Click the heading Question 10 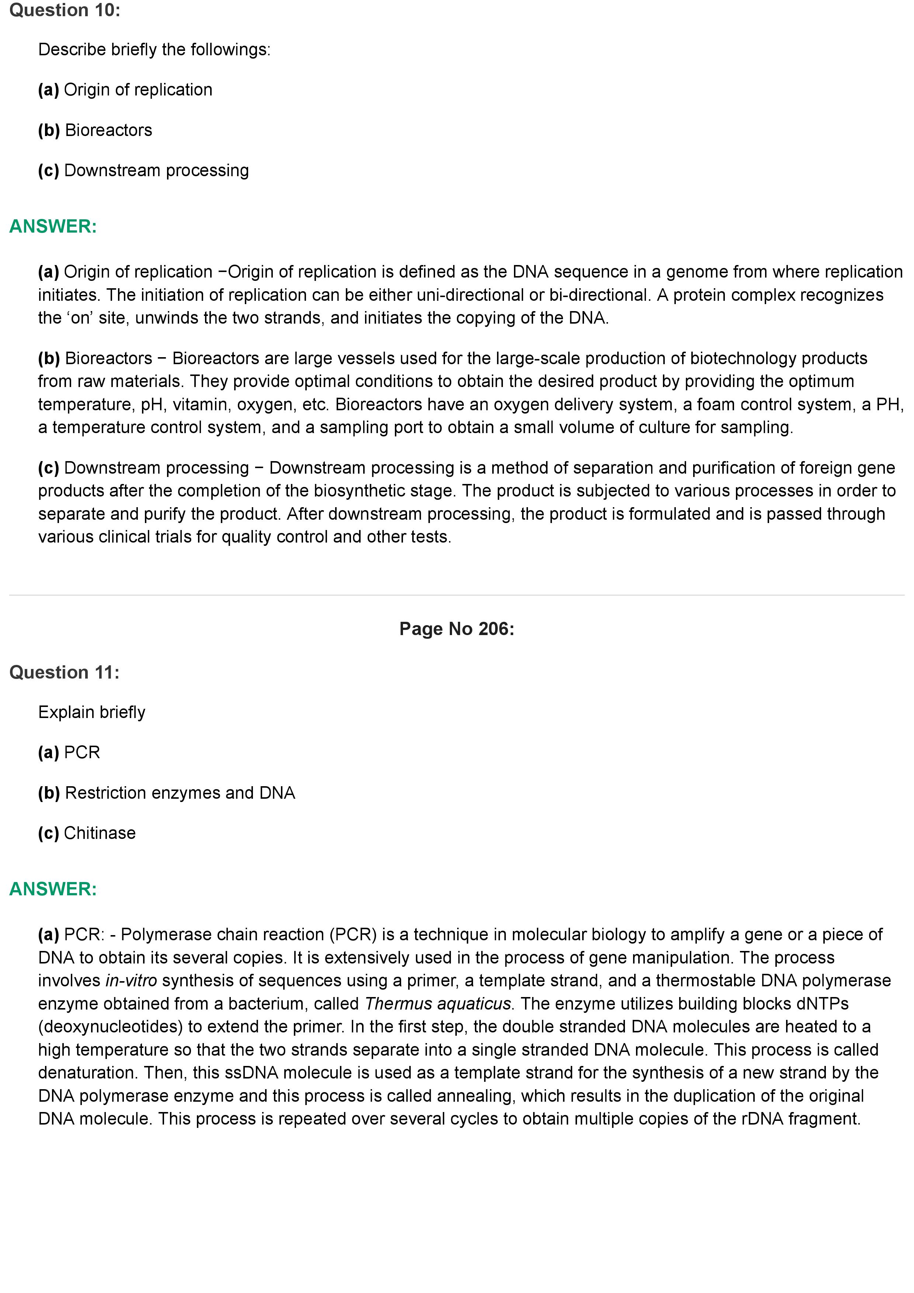pyautogui.click(x=65, y=10)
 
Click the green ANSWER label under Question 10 pyautogui.click(x=53, y=226)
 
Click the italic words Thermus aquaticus pyautogui.click(x=438, y=1004)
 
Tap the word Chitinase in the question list pyautogui.click(x=100, y=833)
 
